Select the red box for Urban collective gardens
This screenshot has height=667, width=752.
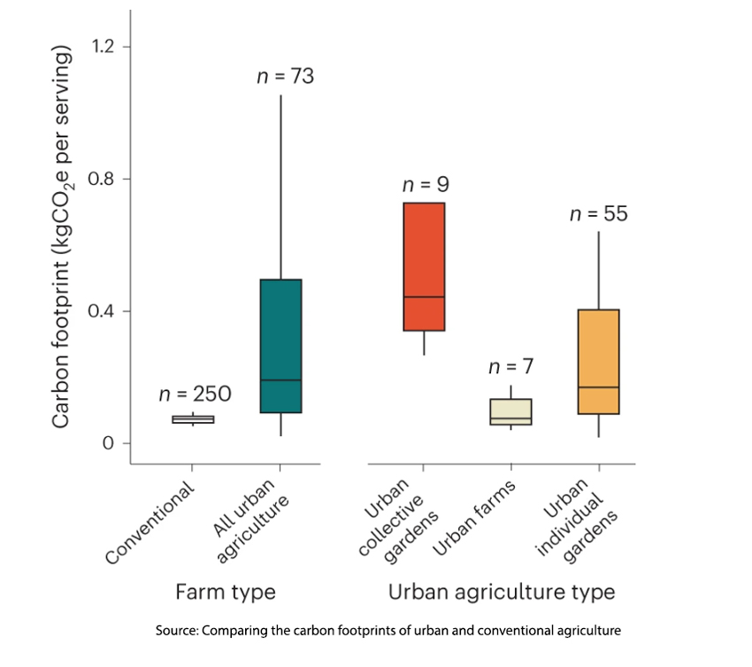pyautogui.click(x=424, y=266)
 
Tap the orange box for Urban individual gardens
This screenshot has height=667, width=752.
pyautogui.click(x=599, y=361)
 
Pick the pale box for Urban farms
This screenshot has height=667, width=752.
pyautogui.click(x=511, y=411)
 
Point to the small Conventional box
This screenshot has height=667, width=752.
pyautogui.click(x=193, y=419)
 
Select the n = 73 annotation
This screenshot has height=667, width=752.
pyautogui.click(x=285, y=76)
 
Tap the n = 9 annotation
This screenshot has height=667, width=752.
pyautogui.click(x=426, y=186)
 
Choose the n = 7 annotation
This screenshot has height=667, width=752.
pyautogui.click(x=511, y=366)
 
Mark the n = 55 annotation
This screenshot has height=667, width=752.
pyautogui.click(x=599, y=213)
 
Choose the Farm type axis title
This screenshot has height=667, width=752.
pyautogui.click(x=226, y=591)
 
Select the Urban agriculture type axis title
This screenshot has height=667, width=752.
pyautogui.click(x=502, y=591)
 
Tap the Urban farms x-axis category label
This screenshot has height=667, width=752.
pyautogui.click(x=479, y=521)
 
